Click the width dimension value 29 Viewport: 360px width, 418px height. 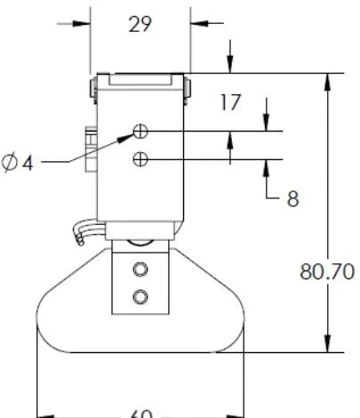[x=140, y=23]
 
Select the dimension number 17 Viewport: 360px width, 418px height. [x=230, y=102]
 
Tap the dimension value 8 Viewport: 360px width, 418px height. [x=292, y=198]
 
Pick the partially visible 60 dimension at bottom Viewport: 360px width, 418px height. [x=140, y=414]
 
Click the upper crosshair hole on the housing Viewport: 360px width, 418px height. [x=140, y=132]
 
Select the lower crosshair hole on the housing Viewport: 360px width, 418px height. [x=140, y=159]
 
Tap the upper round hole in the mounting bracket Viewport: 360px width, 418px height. [x=139, y=269]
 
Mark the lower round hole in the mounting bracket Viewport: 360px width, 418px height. [x=139, y=295]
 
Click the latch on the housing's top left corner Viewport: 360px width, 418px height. [x=93, y=87]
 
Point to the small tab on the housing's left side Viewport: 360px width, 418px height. [x=89, y=142]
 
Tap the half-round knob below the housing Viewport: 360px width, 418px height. [x=140, y=243]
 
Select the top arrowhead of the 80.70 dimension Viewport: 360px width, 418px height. [x=328, y=80]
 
